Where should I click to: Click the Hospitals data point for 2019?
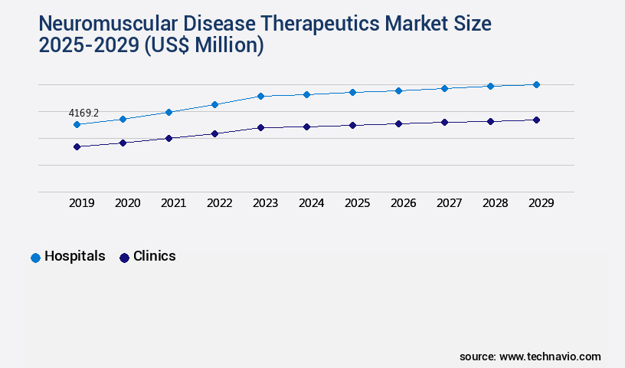pos(77,124)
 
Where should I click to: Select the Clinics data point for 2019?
pos(77,146)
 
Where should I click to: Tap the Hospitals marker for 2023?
pos(260,96)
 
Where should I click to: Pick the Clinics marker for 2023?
pos(260,127)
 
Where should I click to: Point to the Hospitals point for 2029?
pos(536,84)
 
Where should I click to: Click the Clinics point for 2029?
pos(536,120)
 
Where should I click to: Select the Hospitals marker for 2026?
pos(398,90)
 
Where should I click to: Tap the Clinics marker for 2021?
pos(169,138)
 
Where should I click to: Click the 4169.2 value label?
pos(83,113)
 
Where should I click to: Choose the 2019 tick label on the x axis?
pos(81,203)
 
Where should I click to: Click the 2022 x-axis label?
pos(219,203)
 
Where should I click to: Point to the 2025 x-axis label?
pos(357,203)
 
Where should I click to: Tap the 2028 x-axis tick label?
pos(495,203)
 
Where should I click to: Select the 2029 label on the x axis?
pos(541,203)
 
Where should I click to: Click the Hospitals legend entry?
pos(68,257)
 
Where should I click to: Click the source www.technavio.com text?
pos(530,356)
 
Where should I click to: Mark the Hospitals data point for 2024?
pos(306,94)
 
